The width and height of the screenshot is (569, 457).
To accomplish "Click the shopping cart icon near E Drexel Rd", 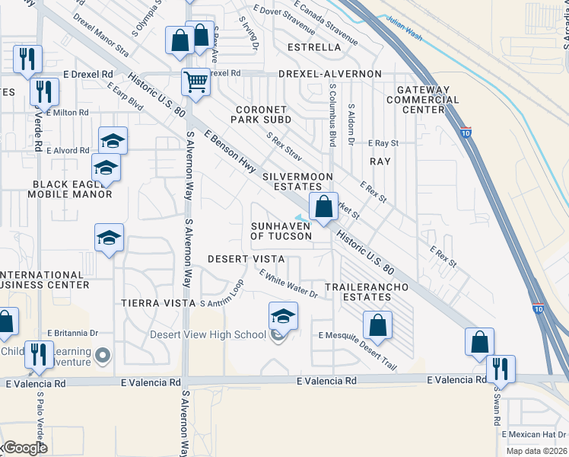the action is point(196,81).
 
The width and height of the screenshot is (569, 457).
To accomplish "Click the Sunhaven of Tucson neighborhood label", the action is point(281,231).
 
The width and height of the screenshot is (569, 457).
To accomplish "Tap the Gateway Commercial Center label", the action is point(422,100).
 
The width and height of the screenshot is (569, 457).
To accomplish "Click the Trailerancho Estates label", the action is point(367,292).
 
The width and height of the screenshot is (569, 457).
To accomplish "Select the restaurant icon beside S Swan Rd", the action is point(501,369).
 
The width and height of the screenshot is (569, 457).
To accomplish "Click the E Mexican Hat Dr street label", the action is point(534,433).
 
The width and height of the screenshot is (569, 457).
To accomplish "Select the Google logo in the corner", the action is point(24,448).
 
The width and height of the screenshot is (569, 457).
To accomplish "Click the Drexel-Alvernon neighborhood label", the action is point(329,74).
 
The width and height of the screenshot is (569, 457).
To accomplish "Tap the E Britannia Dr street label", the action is point(73,333).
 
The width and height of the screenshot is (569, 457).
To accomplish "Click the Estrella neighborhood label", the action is point(314,47).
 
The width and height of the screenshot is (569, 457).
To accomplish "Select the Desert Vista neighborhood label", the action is point(246,259).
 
